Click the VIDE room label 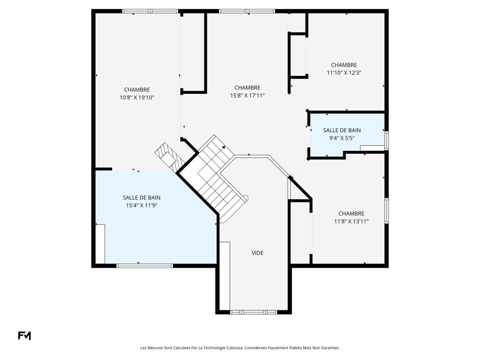tap(257, 253)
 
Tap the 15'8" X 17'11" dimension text tap(247, 96)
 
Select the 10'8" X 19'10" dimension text tap(137, 97)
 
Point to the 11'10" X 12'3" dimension tap(344, 73)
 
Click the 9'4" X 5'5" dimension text tap(342, 138)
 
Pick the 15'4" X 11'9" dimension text tap(142, 205)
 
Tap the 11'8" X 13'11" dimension tap(352, 221)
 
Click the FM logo tap(24, 336)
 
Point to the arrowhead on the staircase tap(224, 147)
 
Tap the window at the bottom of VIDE tap(254, 312)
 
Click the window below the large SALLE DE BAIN tap(145, 266)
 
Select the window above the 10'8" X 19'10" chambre tap(150, 11)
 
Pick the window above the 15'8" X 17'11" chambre tap(247, 11)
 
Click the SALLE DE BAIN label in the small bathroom tap(342, 130)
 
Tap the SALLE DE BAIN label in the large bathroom tap(142, 198)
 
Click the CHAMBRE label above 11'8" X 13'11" tap(352, 214)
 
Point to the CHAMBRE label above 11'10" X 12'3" tap(344, 65)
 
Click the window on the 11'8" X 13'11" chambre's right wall tap(387, 210)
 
